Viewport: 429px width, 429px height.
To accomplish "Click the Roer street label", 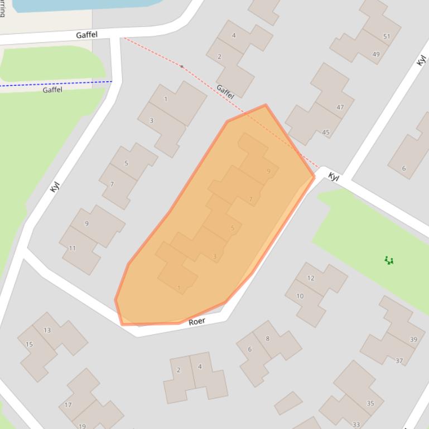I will click(x=197, y=321).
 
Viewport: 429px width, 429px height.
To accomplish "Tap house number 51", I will click(x=387, y=37).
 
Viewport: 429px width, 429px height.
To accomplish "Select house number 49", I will click(x=376, y=55).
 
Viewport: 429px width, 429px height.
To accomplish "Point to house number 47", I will click(x=340, y=107).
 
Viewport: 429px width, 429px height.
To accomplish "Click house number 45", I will click(x=326, y=133).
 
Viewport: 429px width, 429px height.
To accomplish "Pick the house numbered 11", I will click(x=73, y=248).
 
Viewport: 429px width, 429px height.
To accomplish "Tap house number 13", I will click(x=47, y=330).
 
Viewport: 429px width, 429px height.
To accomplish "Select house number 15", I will click(x=29, y=344).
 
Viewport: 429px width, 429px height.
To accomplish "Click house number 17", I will click(x=68, y=405).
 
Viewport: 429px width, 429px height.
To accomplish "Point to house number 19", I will click(x=82, y=426).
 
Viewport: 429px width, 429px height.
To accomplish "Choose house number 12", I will click(x=311, y=278).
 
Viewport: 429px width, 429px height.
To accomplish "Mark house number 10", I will click(x=300, y=296).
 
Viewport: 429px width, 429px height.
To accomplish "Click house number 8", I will click(x=268, y=338).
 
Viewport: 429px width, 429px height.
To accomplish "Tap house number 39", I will click(x=413, y=339).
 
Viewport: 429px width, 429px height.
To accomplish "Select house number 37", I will click(x=399, y=360).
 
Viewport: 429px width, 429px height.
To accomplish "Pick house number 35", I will click(x=370, y=403).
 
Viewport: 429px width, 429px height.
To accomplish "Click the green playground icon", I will click(x=389, y=260).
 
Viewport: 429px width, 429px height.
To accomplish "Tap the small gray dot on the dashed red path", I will click(x=181, y=66).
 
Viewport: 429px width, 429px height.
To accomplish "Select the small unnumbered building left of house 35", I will click(x=288, y=403).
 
